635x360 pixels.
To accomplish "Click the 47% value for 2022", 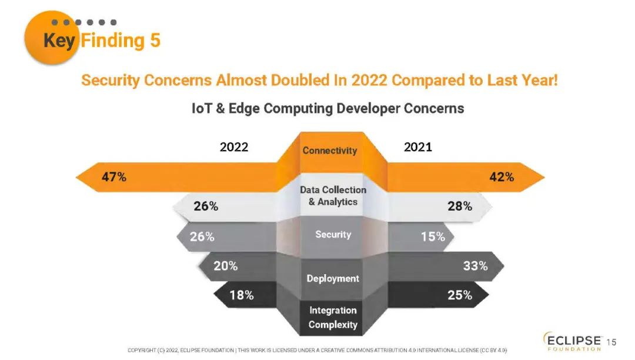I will click(114, 177).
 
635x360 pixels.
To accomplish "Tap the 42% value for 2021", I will click(502, 177).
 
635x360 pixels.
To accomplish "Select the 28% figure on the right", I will click(459, 206).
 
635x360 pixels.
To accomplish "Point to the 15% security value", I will click(433, 237).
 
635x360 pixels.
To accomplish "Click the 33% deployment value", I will click(475, 266).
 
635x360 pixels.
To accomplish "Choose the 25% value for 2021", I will click(460, 295).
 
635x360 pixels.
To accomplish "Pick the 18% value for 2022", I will click(241, 295).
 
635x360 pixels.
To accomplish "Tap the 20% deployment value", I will click(225, 266).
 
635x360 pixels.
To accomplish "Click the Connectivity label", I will click(330, 151).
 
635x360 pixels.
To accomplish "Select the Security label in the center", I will click(333, 235).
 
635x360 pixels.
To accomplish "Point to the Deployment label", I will click(333, 278).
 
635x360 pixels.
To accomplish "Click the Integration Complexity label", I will click(333, 318).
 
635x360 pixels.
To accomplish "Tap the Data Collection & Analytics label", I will click(333, 196).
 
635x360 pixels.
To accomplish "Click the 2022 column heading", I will click(234, 147).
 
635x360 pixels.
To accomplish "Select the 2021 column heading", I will click(418, 147).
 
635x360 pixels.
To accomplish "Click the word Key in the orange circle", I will click(59, 41).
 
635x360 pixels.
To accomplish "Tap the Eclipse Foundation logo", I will click(573, 342).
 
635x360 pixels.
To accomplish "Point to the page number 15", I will click(611, 342).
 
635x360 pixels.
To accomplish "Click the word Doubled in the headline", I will click(300, 80).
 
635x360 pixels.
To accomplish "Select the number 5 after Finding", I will click(155, 41).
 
